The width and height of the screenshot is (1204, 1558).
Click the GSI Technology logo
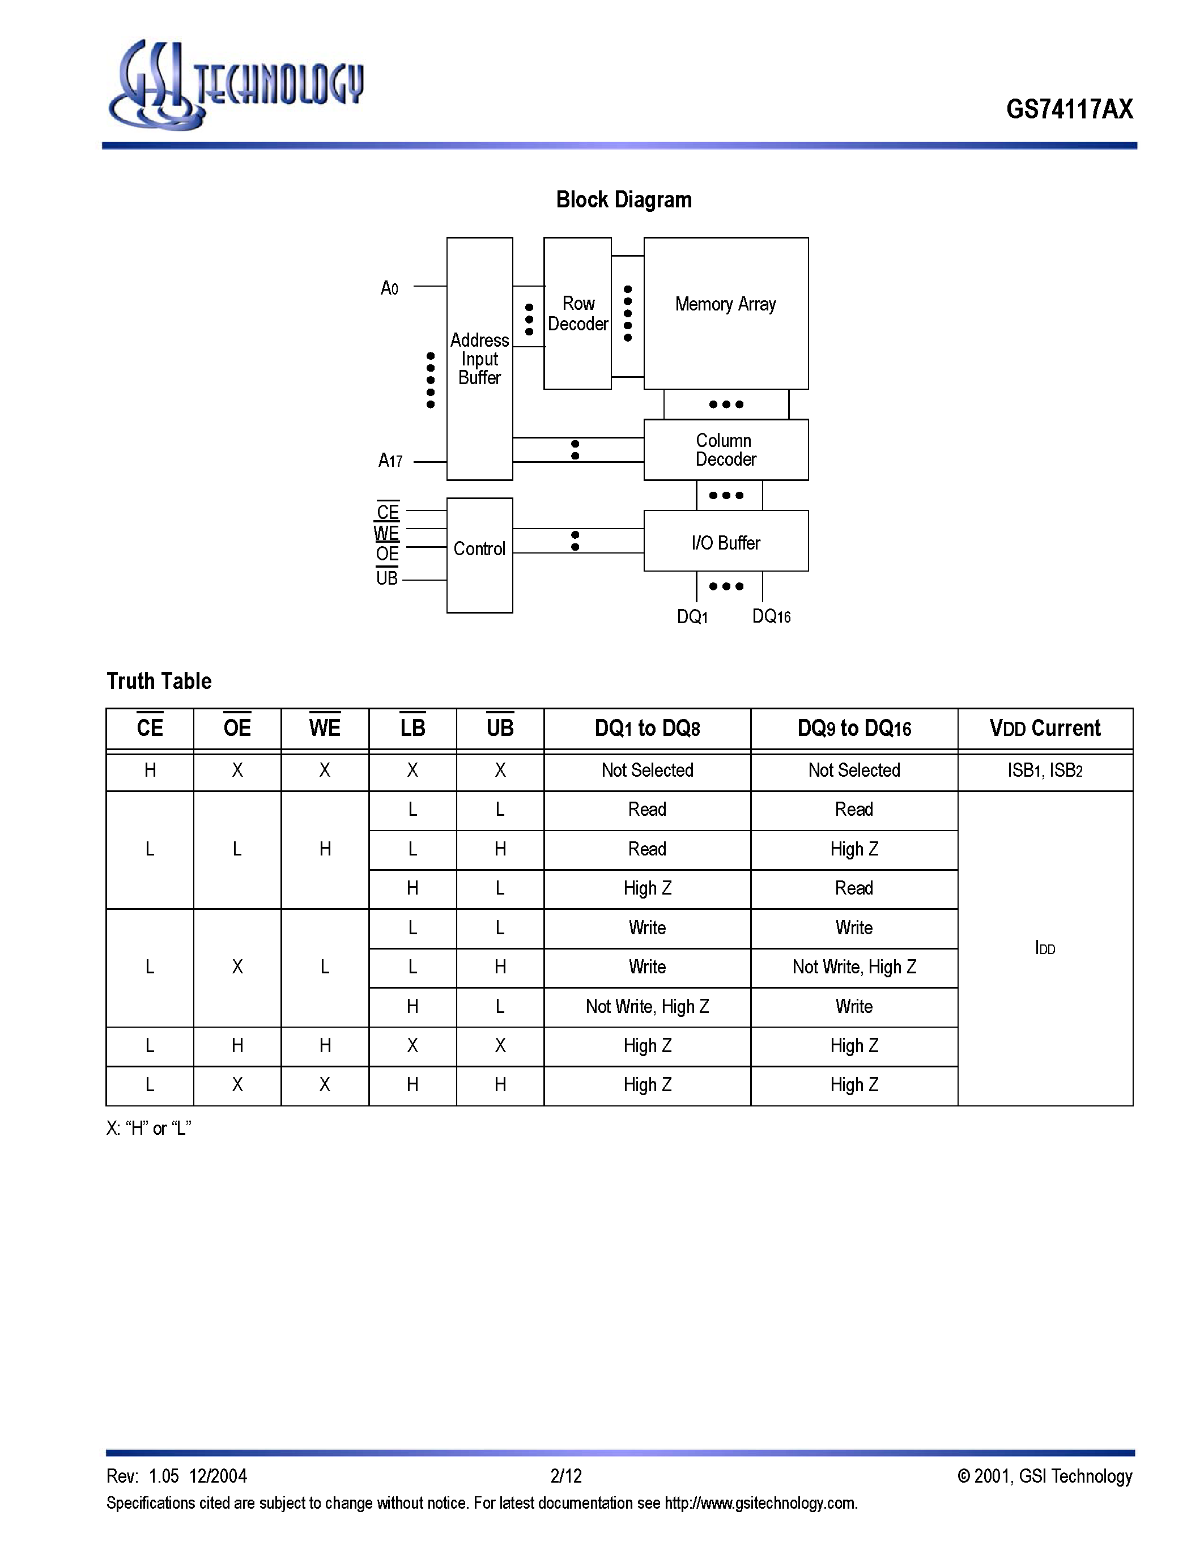click(235, 86)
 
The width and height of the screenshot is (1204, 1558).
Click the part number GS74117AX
click(1069, 109)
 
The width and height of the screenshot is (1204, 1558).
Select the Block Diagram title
click(623, 200)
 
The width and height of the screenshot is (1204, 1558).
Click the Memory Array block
click(725, 314)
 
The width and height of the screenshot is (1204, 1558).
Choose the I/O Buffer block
click(725, 542)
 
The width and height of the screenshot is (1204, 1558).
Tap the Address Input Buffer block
click(479, 359)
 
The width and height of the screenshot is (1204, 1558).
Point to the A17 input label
click(390, 461)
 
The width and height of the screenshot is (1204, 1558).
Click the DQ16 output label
click(771, 616)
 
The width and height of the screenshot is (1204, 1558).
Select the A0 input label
click(389, 288)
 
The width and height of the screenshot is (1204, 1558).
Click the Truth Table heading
click(159, 681)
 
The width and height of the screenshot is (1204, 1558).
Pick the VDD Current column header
click(1044, 729)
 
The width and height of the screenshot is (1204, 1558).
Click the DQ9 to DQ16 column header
click(854, 729)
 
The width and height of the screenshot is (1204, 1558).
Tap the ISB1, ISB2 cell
click(1044, 771)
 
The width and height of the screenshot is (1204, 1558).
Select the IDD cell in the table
click(1044, 948)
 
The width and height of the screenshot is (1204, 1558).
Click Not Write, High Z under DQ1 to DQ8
click(647, 1007)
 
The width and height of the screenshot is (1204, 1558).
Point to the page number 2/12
click(565, 1476)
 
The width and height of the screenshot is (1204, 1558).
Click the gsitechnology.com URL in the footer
click(760, 1504)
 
